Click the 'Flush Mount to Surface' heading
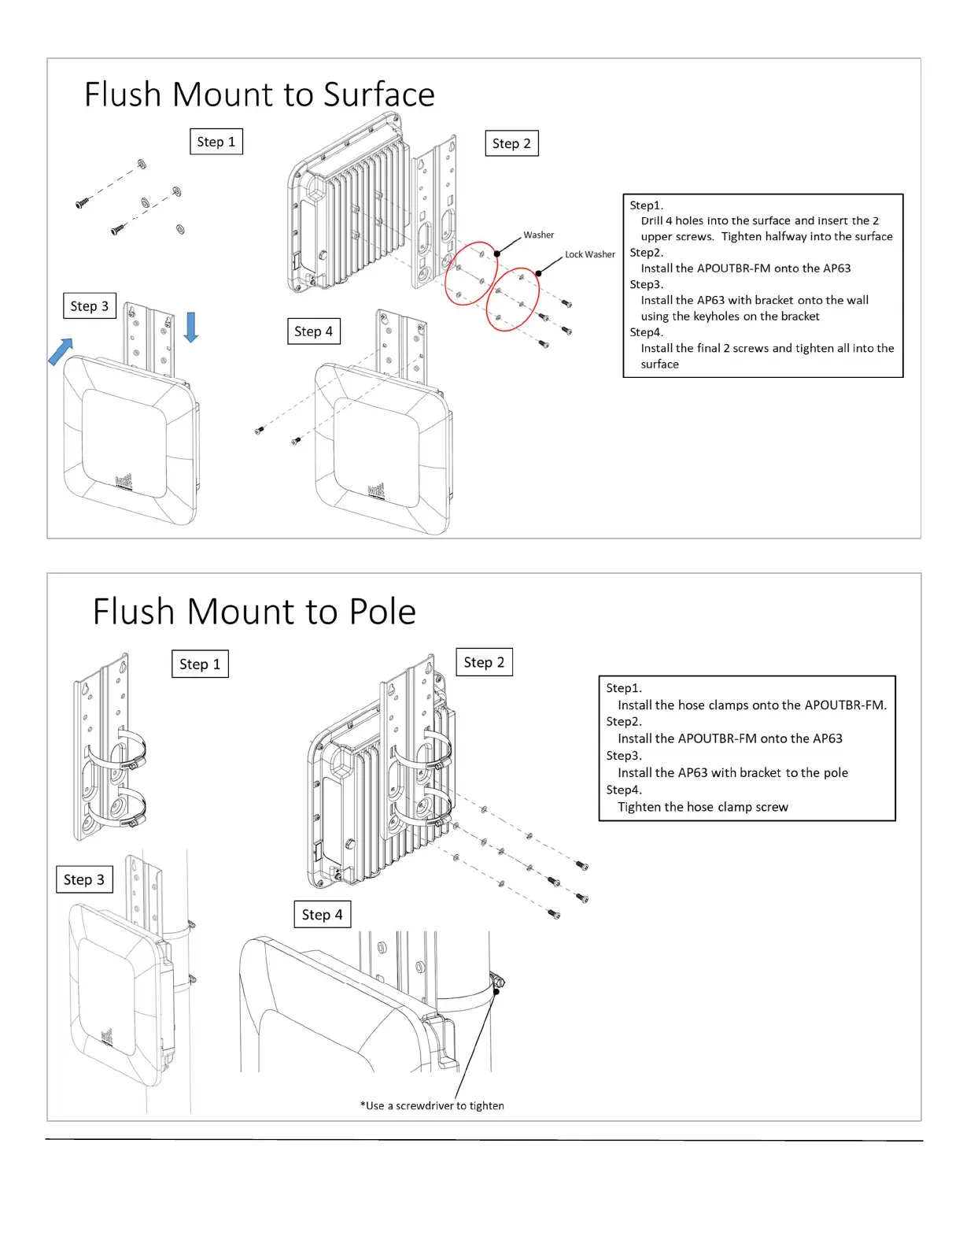[x=259, y=94]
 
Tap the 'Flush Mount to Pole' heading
[x=254, y=612]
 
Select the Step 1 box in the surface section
[x=216, y=142]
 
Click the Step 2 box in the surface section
[x=511, y=143]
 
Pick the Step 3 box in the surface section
[x=89, y=306]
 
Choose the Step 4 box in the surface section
[x=313, y=331]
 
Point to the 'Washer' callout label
[x=538, y=235]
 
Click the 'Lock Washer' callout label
[x=589, y=254]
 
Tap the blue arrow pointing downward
[x=190, y=327]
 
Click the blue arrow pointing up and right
[x=61, y=351]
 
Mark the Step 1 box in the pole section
[x=200, y=664]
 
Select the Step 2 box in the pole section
[x=484, y=662]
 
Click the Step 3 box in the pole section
[x=83, y=879]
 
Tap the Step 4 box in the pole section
[x=322, y=915]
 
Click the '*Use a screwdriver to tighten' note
[x=432, y=1105]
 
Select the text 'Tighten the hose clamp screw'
[x=703, y=807]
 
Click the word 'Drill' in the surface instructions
[x=651, y=221]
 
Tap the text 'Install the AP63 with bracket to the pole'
[x=732, y=773]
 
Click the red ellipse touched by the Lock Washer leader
[x=513, y=299]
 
